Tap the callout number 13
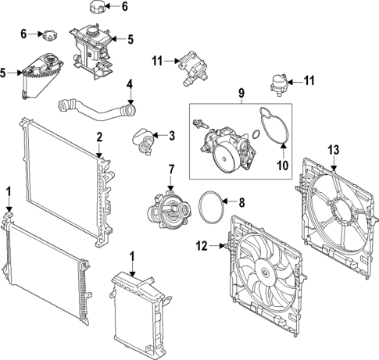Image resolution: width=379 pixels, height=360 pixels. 334,149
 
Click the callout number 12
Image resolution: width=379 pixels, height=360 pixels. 202,247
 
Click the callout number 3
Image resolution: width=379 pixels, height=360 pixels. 171,136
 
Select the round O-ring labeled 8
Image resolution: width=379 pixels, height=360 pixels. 213,209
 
